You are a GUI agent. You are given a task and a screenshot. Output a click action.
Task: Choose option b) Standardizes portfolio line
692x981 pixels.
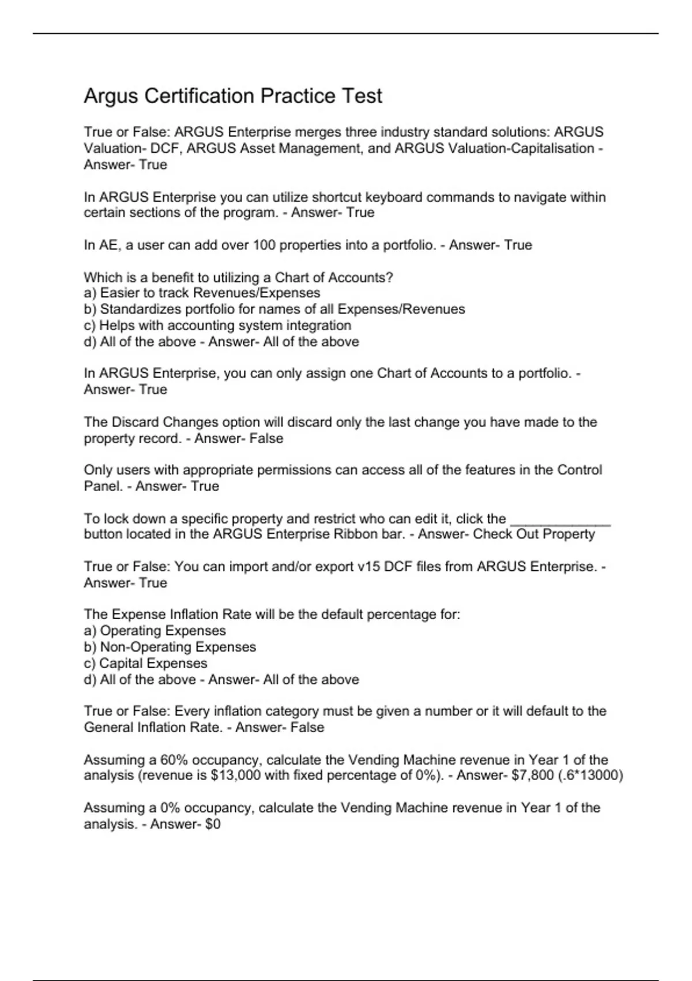pyautogui.click(x=274, y=309)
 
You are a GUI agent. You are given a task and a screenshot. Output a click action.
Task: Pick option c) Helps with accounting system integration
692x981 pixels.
pyautogui.click(x=217, y=325)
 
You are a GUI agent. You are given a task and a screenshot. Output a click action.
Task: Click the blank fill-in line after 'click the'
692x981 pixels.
pyautogui.click(x=560, y=522)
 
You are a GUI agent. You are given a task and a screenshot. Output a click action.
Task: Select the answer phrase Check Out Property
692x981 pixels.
pyautogui.click(x=533, y=534)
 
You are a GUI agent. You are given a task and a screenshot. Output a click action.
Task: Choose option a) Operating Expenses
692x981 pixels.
pyautogui.click(x=155, y=631)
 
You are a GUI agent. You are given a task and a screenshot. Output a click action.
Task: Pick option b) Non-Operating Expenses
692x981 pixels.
pyautogui.click(x=170, y=647)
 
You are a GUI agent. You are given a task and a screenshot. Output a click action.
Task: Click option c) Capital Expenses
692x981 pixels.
pyautogui.click(x=145, y=663)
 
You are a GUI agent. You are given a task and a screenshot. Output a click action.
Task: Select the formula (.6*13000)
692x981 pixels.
pyautogui.click(x=591, y=776)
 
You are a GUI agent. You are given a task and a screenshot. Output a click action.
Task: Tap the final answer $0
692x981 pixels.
pyautogui.click(x=212, y=824)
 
